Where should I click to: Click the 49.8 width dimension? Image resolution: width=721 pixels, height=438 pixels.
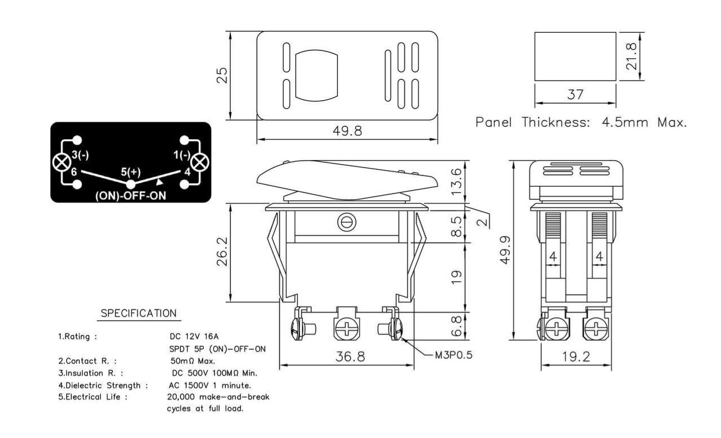coord(347,131)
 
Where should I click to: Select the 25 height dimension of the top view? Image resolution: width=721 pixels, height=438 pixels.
coord(222,75)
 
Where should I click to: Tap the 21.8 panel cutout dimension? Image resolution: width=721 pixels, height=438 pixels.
coord(631,57)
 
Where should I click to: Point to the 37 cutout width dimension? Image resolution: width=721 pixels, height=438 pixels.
coord(575,95)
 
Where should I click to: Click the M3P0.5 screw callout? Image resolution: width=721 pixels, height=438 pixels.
coord(454,355)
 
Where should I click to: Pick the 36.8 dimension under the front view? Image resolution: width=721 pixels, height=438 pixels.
coord(350,357)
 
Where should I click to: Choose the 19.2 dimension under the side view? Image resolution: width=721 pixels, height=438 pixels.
coord(576,357)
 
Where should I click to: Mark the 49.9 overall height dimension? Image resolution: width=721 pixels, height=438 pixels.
coord(505,250)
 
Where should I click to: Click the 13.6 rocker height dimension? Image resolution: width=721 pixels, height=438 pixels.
coord(456,182)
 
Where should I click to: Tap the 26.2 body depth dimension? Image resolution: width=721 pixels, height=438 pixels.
coord(222,252)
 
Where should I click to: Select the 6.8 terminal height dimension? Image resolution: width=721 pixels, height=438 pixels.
coord(456,326)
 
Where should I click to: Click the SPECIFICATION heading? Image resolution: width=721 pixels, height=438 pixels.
coord(139,313)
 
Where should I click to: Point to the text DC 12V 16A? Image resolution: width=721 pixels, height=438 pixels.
coord(194,336)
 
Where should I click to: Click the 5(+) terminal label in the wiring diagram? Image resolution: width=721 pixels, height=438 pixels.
coord(131,172)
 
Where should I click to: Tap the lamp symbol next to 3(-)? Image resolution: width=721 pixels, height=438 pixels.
coord(62,162)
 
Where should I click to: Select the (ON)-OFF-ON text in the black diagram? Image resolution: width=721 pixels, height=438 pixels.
coord(131,196)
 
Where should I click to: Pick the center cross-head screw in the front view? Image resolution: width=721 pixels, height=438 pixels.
coord(346,329)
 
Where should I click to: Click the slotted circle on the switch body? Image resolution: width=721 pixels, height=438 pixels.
coord(347,222)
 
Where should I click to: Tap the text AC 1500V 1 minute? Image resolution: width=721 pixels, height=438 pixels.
coord(210,385)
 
